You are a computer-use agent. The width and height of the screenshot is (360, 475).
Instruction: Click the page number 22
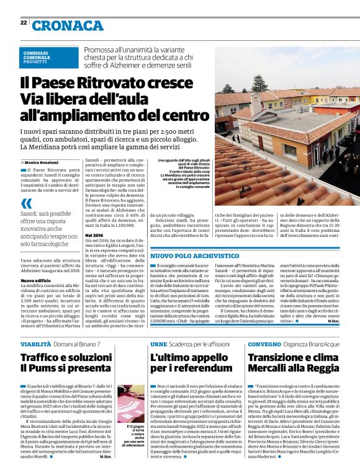click(23, 23)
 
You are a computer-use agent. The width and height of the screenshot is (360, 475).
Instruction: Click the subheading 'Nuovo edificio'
click(34, 280)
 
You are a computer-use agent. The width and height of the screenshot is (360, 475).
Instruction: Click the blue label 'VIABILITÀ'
click(35, 344)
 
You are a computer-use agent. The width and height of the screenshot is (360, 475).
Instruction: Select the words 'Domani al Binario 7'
click(77, 344)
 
